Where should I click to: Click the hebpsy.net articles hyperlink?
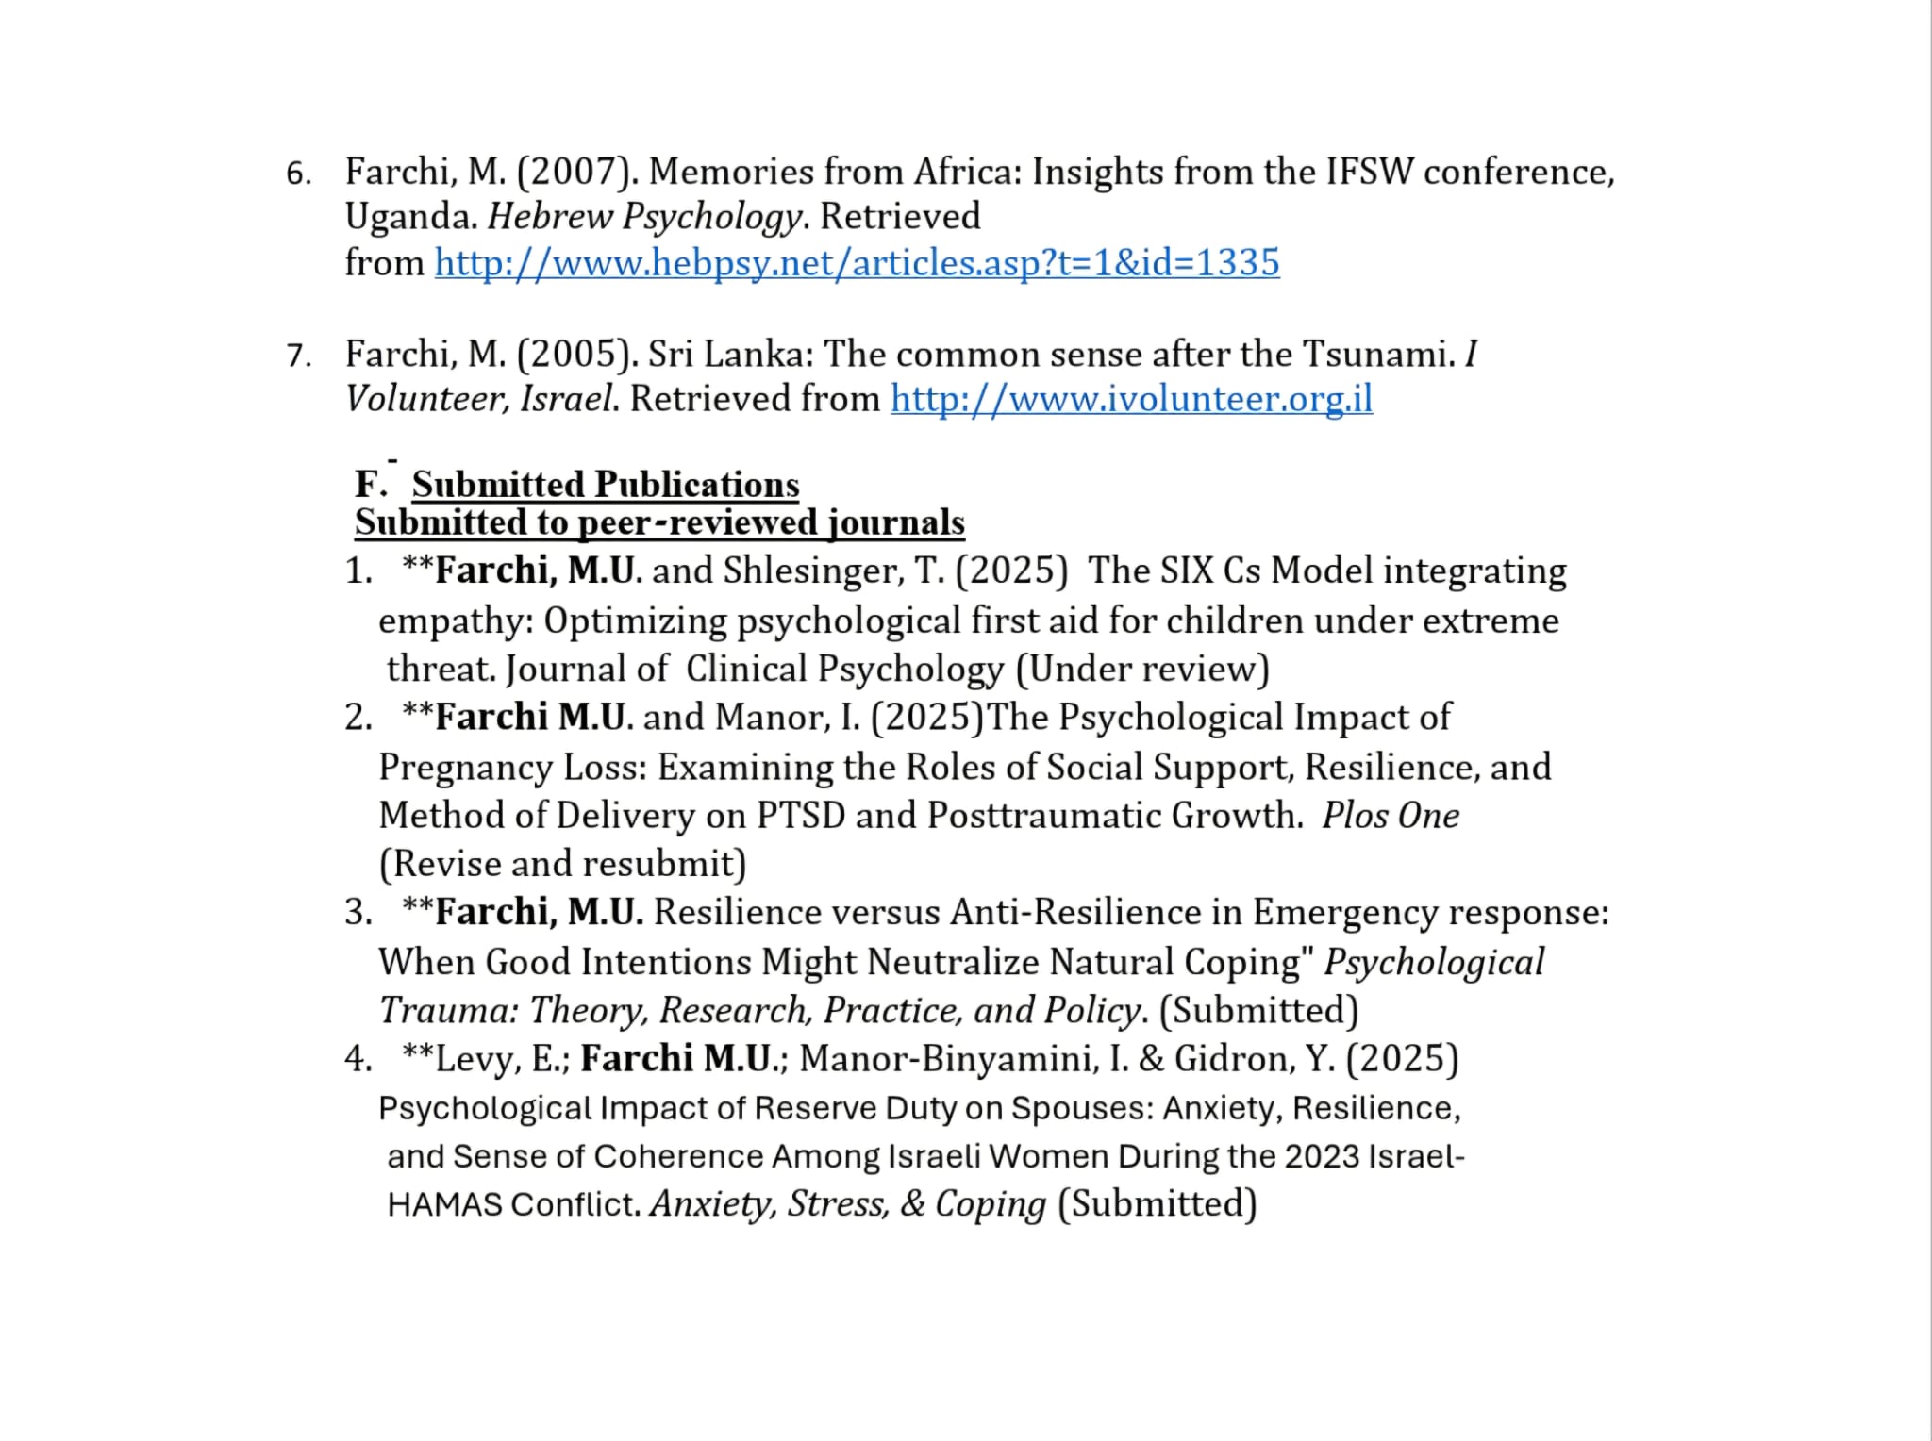[x=857, y=262]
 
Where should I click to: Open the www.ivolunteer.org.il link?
[x=1131, y=399]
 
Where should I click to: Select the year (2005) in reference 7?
[x=577, y=354]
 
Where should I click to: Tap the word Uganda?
[x=410, y=217]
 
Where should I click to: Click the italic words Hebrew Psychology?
[x=645, y=217]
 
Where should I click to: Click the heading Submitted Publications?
[x=605, y=485]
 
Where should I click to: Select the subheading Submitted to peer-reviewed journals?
[x=659, y=522]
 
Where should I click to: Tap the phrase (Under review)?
[x=1142, y=669]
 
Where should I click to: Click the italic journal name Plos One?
[x=1391, y=816]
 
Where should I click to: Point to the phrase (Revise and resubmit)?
[x=562, y=864]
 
